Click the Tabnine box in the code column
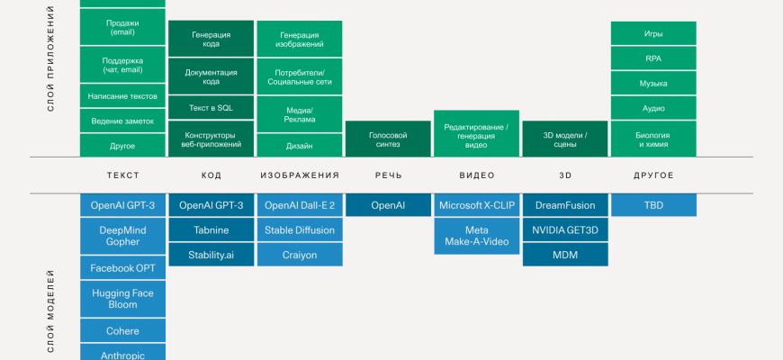click(211, 230)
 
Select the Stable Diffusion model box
click(300, 230)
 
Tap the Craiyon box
click(300, 255)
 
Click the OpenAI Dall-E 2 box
click(300, 205)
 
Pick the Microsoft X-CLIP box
click(476, 205)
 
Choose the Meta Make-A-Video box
click(476, 236)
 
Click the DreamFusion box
click(564, 205)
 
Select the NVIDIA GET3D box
click(564, 230)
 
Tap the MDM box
click(564, 255)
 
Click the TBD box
click(653, 205)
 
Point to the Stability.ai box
click(211, 255)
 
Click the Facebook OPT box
click(122, 268)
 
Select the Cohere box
click(122, 330)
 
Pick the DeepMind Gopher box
click(122, 236)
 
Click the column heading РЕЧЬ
click(388, 175)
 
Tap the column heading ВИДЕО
click(476, 175)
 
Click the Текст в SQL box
click(211, 107)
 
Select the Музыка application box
click(653, 83)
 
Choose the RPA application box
click(653, 58)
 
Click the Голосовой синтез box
click(388, 139)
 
